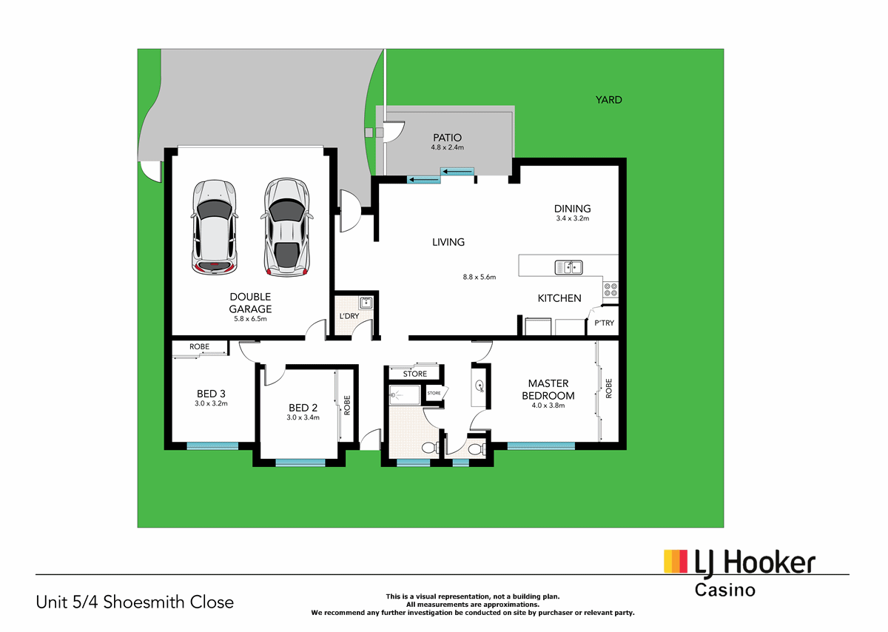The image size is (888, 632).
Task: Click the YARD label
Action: pyautogui.click(x=609, y=100)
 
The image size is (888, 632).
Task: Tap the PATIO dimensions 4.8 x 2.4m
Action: pyautogui.click(x=446, y=147)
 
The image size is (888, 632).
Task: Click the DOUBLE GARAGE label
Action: pyautogui.click(x=249, y=303)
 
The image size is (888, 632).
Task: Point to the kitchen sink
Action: pyautogui.click(x=569, y=266)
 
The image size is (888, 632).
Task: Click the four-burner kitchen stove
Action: pyautogui.click(x=610, y=289)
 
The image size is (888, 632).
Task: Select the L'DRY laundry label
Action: pyautogui.click(x=349, y=317)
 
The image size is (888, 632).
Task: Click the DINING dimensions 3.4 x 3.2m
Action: pyautogui.click(x=573, y=219)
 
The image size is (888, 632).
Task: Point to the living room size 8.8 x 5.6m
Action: pyautogui.click(x=478, y=278)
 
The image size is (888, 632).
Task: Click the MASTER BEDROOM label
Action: pyautogui.click(x=548, y=389)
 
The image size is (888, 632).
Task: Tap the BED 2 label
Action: pyautogui.click(x=303, y=408)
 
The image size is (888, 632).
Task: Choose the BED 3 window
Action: pyautogui.click(x=212, y=446)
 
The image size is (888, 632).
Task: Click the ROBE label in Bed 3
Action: pyautogui.click(x=199, y=346)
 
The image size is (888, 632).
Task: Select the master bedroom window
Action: pyautogui.click(x=541, y=446)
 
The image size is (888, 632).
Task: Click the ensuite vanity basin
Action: pyautogui.click(x=480, y=385)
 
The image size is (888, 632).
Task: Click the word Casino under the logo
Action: pyautogui.click(x=724, y=590)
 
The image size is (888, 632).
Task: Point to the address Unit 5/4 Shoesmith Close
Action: pyautogui.click(x=135, y=602)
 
